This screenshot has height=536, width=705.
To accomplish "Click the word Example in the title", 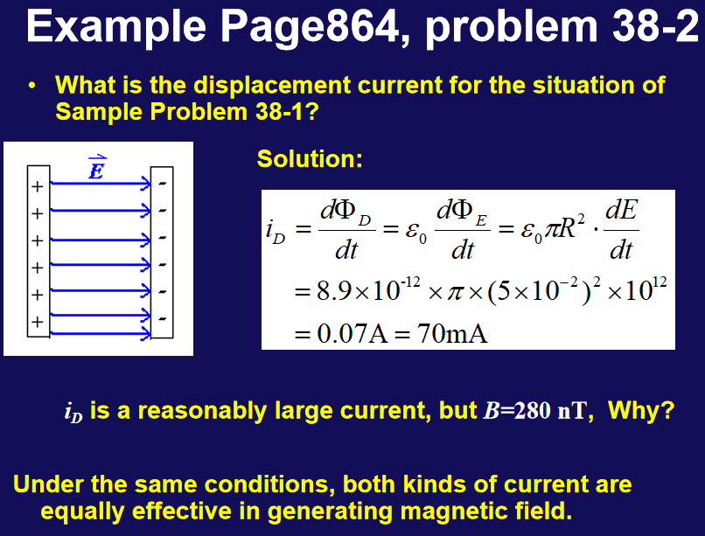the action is [x=116, y=27].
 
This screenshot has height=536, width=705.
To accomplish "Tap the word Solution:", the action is [x=310, y=159].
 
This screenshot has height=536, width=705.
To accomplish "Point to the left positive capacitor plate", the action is [x=38, y=251].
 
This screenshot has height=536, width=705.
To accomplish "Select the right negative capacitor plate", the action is [x=162, y=252].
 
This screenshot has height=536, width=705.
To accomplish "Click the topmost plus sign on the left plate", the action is [x=38, y=186].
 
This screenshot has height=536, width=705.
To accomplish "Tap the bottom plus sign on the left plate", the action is [x=38, y=322].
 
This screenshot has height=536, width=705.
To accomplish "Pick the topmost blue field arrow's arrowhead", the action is [x=146, y=183].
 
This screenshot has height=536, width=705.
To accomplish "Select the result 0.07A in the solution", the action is [x=352, y=334].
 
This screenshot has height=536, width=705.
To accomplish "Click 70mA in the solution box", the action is [x=452, y=334].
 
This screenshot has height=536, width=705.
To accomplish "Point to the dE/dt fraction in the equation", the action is [x=621, y=230].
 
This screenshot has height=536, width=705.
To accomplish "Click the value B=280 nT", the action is [x=535, y=410].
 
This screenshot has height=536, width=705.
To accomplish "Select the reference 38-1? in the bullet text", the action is [x=287, y=111].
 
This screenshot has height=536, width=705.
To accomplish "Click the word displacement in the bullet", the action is [x=272, y=86].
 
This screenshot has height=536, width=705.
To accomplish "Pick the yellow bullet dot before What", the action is [x=31, y=86].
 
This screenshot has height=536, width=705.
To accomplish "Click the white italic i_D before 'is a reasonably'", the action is [x=73, y=413].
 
